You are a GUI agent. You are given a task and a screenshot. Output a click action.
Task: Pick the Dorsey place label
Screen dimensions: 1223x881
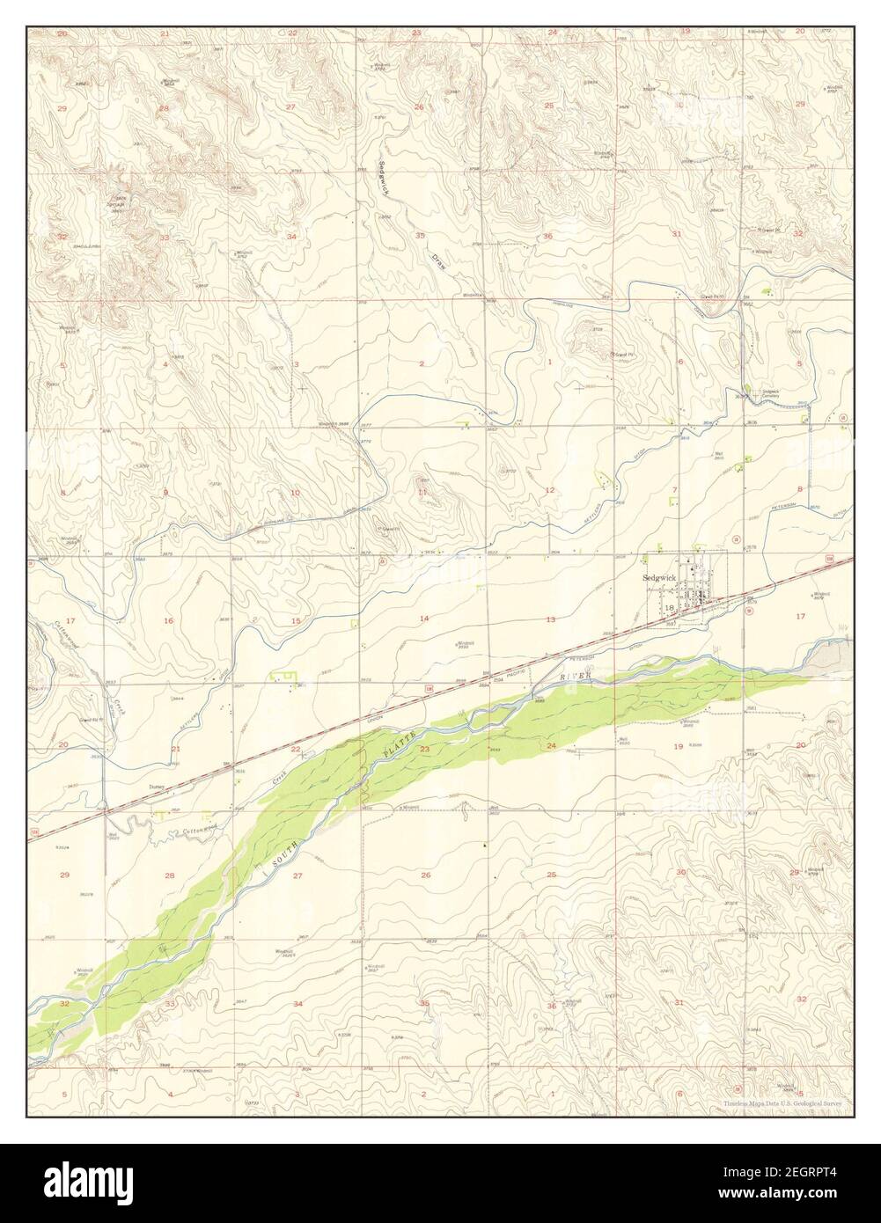pos(158,787)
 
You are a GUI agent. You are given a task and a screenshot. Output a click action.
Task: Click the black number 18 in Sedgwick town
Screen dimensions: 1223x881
pos(671,607)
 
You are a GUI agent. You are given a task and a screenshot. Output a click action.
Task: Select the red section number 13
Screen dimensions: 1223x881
pos(550,619)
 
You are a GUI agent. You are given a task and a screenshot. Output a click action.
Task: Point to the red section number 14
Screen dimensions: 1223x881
pos(423,619)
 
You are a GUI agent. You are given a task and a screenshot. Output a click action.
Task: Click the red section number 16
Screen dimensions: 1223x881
pos(167,621)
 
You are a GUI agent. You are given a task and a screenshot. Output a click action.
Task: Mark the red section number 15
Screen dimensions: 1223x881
pos(296,621)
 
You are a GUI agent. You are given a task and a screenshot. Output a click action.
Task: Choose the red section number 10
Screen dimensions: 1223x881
pos(295,493)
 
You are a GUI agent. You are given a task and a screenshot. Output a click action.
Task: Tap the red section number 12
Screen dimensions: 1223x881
pos(549,489)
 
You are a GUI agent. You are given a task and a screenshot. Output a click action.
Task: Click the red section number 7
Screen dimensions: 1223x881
pos(675,489)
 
